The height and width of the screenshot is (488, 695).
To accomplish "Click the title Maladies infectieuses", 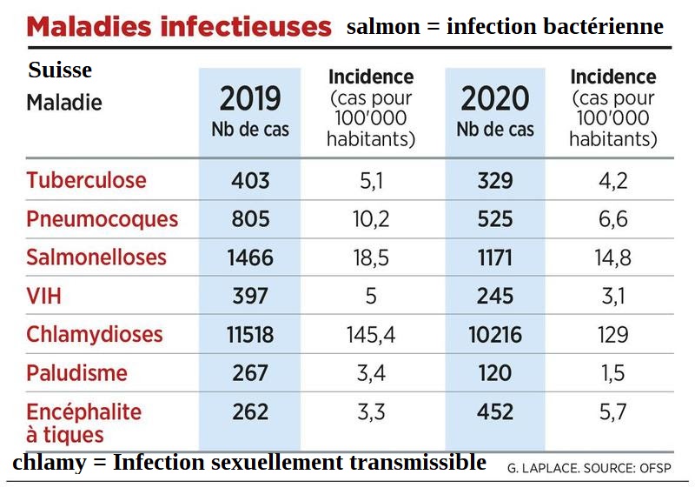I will pos(179,26).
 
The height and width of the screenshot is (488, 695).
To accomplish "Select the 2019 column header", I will pos(250,99).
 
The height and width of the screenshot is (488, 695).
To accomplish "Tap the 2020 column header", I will pos(495,99).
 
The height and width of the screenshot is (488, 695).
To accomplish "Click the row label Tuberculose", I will pos(86,181).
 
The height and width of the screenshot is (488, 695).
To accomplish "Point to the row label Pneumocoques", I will pos(102,219).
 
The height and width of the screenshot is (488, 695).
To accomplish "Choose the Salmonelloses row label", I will pos(96,257).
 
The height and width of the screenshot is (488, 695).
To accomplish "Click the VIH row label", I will pos(44,296).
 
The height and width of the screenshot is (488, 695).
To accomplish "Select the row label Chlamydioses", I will pos(95,334).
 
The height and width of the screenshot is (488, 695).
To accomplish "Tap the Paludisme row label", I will pos(77,373).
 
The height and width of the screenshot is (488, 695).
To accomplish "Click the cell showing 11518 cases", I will pos(250,334).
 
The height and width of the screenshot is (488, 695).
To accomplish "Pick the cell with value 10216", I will pos(495,334).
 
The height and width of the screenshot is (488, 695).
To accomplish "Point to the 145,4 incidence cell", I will pos(371,334).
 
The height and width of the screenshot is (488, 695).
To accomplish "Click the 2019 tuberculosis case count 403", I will pos(250,181).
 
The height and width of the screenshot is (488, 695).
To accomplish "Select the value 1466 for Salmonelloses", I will pos(250,257).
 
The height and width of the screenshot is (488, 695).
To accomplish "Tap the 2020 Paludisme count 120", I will pos(495,373).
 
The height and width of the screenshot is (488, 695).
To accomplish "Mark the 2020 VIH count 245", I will pos(495,296).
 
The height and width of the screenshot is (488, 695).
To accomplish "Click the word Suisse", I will pos(60,70).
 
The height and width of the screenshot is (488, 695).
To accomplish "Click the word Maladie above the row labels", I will pos(64,103).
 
